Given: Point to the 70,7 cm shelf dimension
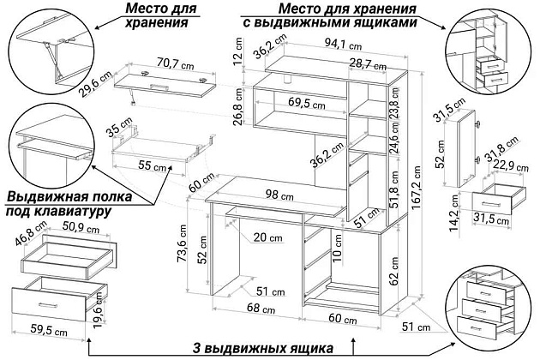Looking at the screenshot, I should click(176, 63).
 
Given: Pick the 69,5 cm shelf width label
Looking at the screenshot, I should click(305, 103).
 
